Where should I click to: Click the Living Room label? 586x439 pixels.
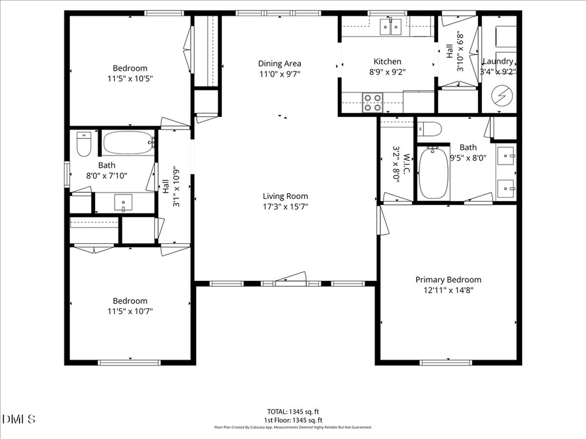point(285,196)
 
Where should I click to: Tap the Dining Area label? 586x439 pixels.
point(279,63)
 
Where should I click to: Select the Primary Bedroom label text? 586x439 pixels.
point(449,280)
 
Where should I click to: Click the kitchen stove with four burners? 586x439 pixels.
point(372,103)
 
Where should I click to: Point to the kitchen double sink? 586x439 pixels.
point(391,27)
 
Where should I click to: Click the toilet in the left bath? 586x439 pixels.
point(83,144)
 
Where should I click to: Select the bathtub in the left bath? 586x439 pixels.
point(128,143)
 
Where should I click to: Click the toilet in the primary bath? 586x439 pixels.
point(430,128)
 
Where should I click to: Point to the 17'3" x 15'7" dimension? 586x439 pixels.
point(285,207)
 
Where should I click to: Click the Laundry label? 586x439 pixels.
point(497,61)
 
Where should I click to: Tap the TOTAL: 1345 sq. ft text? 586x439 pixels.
point(292,412)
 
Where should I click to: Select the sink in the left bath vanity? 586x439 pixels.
point(123,204)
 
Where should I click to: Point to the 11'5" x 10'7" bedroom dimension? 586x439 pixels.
point(130,312)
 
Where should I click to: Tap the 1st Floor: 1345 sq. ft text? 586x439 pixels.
point(292,420)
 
